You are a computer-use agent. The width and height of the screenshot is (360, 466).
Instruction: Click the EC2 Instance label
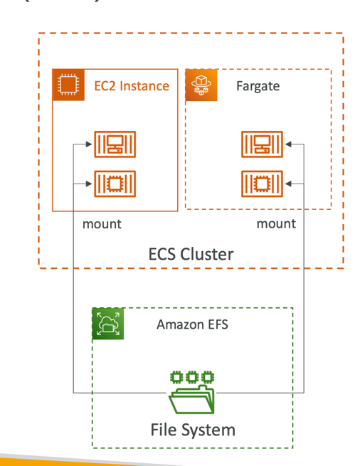point(132,86)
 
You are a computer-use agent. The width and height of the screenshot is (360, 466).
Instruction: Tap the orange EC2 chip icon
point(68,85)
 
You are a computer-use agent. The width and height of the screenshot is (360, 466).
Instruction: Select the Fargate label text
point(258,86)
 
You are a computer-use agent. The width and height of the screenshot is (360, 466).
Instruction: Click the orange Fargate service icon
point(201,85)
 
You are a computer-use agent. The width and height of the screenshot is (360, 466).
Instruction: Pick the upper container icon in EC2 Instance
point(115,144)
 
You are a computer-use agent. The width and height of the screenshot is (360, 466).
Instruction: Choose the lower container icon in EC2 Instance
point(115,184)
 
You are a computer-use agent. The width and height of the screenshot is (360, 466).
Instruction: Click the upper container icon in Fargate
point(262,144)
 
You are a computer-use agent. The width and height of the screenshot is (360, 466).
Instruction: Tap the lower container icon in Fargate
point(262,184)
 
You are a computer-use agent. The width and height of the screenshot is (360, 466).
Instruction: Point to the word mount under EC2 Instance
point(102,224)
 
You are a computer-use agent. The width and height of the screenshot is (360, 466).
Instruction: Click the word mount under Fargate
point(276,224)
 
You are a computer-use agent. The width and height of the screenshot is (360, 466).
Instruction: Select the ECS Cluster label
point(191,254)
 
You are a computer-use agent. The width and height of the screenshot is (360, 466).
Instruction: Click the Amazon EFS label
point(192,324)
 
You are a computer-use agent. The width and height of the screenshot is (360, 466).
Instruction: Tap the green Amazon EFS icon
point(108,324)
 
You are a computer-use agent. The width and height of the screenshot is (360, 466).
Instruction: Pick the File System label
point(193,430)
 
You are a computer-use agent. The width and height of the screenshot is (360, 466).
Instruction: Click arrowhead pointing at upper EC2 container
point(89,144)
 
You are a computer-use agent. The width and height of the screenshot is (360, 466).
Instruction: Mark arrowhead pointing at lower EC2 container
point(89,184)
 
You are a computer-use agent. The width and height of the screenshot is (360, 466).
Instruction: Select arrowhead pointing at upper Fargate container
point(288,144)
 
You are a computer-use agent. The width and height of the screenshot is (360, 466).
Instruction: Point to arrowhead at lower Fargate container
point(288,184)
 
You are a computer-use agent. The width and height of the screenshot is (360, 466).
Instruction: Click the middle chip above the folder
point(192,378)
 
